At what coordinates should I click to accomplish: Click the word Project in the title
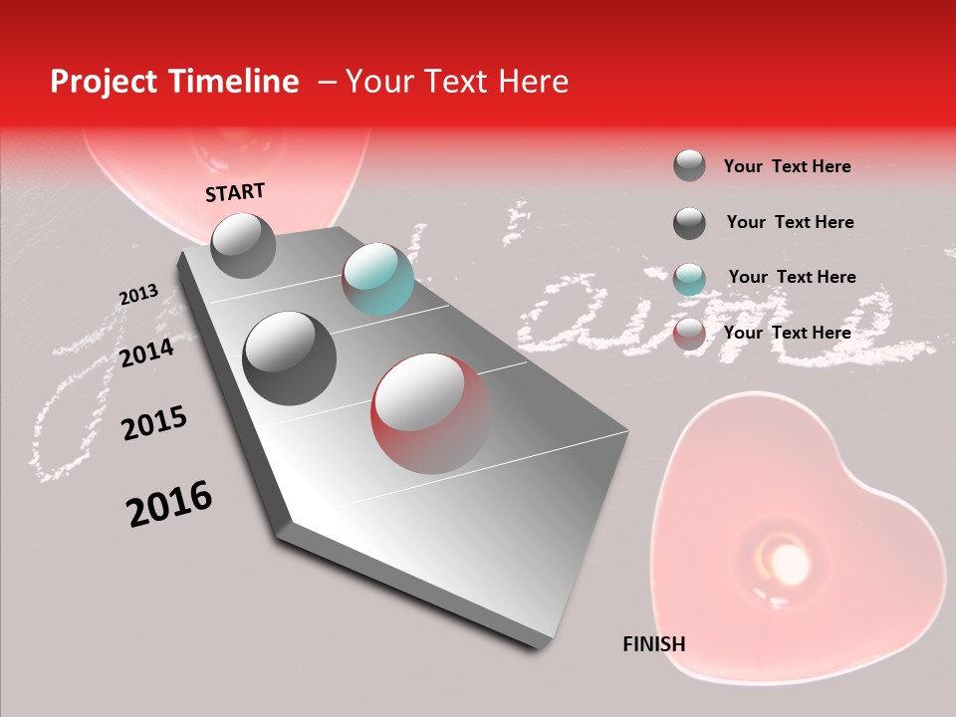click(x=103, y=82)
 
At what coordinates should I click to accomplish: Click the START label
click(x=235, y=192)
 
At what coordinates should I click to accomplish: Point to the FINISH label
click(x=653, y=644)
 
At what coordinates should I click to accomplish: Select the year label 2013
click(x=138, y=295)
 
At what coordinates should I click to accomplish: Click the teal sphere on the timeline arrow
click(x=377, y=279)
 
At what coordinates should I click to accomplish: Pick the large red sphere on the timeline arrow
click(x=431, y=412)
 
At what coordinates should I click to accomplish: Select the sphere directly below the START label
click(x=243, y=245)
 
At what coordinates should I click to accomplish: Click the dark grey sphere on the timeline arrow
click(x=289, y=358)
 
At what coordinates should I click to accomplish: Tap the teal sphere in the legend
click(x=689, y=278)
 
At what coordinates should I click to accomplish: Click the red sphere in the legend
click(x=689, y=334)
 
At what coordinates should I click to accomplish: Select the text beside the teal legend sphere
click(x=792, y=277)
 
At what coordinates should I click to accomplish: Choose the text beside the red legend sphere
click(x=787, y=333)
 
